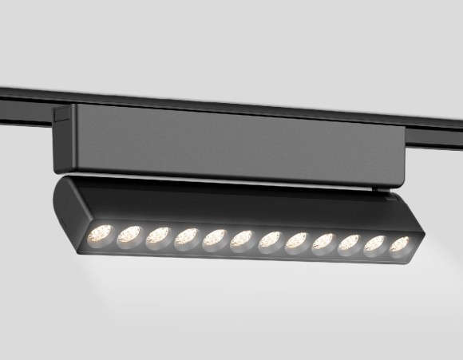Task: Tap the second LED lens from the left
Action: pyautogui.click(x=129, y=235)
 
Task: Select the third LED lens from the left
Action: pyautogui.click(x=157, y=236)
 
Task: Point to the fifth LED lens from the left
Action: pyautogui.click(x=214, y=239)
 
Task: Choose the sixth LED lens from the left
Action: pyautogui.click(x=242, y=239)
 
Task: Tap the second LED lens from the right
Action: pyautogui.click(x=374, y=244)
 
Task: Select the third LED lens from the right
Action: pyautogui.click(x=348, y=243)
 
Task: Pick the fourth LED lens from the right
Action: pyautogui.click(x=323, y=243)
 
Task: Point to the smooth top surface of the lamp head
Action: pyautogui.click(x=239, y=204)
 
